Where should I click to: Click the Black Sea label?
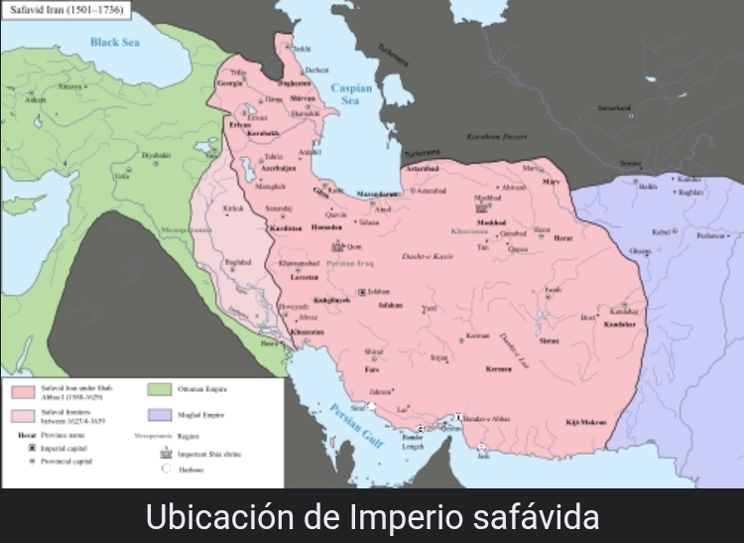[x=115, y=43]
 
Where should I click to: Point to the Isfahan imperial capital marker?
[x=361, y=292]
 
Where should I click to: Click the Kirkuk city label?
[x=234, y=208]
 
